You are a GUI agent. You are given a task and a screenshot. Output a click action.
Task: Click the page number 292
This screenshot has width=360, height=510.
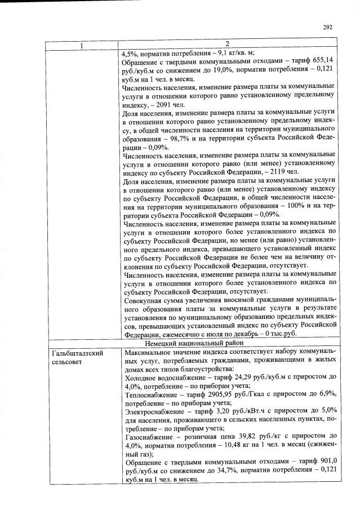click(328, 26)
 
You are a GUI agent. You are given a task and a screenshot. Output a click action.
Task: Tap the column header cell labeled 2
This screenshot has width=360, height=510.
click(227, 45)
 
